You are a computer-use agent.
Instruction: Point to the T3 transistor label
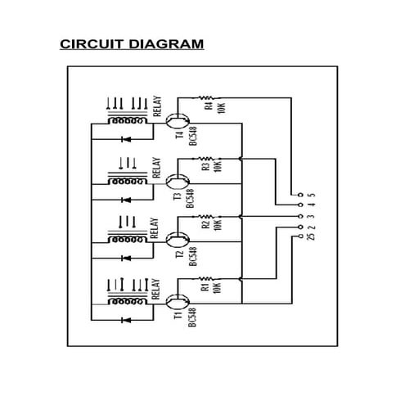pos(177,196)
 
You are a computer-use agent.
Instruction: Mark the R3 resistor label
pos(206,166)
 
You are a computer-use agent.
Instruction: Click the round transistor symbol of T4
pos(173,119)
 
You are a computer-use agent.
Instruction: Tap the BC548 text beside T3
pos(190,197)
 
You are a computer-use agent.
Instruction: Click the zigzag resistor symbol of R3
pos(207,157)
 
